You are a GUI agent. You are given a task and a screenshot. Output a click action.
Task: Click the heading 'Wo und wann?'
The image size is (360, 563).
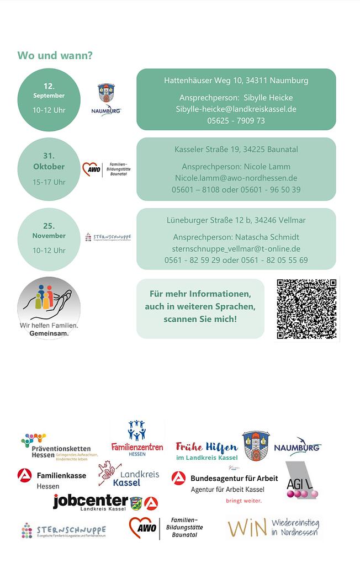(55, 55)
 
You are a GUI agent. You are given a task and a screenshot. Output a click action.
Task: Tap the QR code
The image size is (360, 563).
(306, 309)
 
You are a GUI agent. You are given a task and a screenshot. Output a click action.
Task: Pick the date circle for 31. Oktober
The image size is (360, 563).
(49, 169)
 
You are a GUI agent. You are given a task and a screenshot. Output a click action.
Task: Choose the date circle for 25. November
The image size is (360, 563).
(49, 239)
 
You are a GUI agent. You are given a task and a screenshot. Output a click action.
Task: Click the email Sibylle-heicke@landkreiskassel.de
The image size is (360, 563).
(236, 109)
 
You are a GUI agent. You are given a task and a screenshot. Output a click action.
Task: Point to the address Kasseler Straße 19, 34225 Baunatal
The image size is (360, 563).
(236, 150)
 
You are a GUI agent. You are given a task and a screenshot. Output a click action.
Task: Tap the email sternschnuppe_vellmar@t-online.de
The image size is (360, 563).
(236, 248)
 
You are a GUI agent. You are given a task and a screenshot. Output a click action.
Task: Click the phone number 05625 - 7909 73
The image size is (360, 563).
(236, 120)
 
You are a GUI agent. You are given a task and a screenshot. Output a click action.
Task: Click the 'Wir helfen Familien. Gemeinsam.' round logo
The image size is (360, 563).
(49, 308)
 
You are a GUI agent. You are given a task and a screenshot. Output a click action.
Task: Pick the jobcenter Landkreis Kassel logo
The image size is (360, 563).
(105, 502)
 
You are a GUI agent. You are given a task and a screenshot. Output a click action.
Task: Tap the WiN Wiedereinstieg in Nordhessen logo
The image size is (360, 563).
(273, 528)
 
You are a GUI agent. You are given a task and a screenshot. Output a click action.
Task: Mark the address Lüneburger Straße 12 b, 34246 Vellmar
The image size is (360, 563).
(236, 220)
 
